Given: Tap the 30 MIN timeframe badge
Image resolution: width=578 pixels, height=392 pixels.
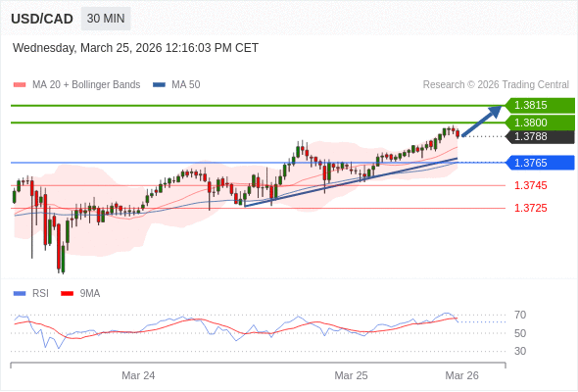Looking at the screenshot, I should click(105, 19).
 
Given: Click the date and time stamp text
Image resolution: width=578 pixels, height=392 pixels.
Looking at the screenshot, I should click(135, 47).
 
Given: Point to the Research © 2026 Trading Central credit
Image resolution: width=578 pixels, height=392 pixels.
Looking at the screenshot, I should click(496, 85).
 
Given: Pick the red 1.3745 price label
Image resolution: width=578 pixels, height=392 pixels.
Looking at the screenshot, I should click(530, 185).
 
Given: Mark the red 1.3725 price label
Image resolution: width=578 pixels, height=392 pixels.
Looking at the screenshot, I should click(530, 208).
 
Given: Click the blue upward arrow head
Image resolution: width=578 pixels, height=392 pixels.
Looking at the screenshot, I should click(496, 111).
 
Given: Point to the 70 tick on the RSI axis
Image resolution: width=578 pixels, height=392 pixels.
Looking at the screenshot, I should click(520, 315).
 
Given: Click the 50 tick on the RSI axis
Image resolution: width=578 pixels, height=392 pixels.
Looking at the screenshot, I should click(520, 333).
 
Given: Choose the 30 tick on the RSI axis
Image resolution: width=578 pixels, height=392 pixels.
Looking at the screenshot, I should click(520, 351).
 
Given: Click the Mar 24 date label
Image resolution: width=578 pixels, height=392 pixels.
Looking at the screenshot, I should click(138, 375).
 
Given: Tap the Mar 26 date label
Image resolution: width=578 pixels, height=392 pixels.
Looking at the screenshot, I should click(461, 375).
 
